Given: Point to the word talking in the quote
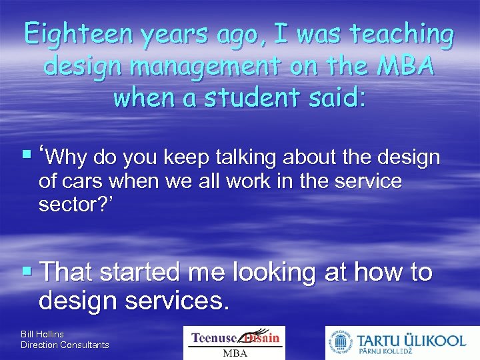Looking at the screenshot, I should [248, 158].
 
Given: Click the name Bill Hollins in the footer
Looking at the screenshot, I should [42, 333].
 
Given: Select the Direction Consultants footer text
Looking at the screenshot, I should [65, 345].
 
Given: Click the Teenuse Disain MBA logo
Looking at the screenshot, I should [234, 343].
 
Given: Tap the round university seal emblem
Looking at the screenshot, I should [340, 343].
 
